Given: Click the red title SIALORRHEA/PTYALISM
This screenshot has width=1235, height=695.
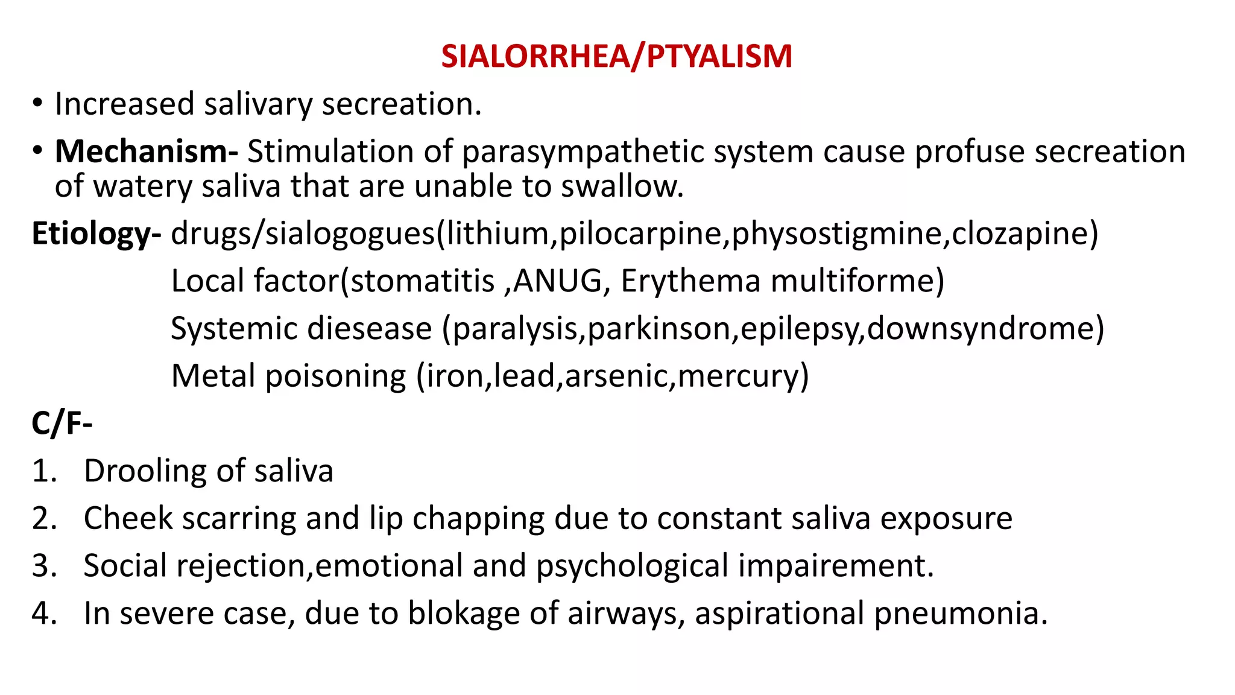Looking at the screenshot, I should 616,56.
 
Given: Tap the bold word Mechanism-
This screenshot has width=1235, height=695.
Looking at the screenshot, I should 146,151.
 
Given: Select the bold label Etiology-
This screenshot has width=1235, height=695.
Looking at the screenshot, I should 96,233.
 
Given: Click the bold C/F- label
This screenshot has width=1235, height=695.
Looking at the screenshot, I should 62,423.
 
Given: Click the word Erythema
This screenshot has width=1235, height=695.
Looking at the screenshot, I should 690,281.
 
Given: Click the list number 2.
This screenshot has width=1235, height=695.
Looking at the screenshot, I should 43,519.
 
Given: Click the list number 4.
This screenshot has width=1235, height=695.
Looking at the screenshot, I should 43,614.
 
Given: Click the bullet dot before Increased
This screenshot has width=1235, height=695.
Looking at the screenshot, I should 38,104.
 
